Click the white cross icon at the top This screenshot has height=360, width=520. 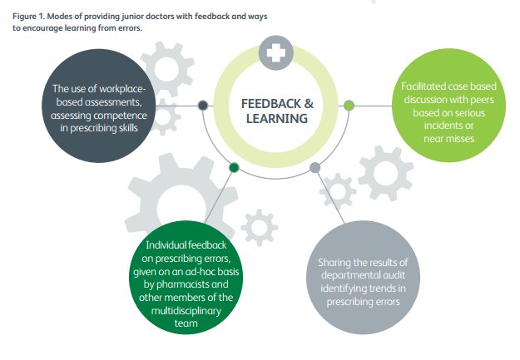coord(276,52)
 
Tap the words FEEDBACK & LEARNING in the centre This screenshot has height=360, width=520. coord(277,111)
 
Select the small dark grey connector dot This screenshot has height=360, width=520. coord(203,105)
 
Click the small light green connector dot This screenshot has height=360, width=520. coord(349,105)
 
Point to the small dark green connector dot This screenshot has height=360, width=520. coord(235,167)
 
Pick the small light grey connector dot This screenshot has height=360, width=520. coord(314,167)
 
